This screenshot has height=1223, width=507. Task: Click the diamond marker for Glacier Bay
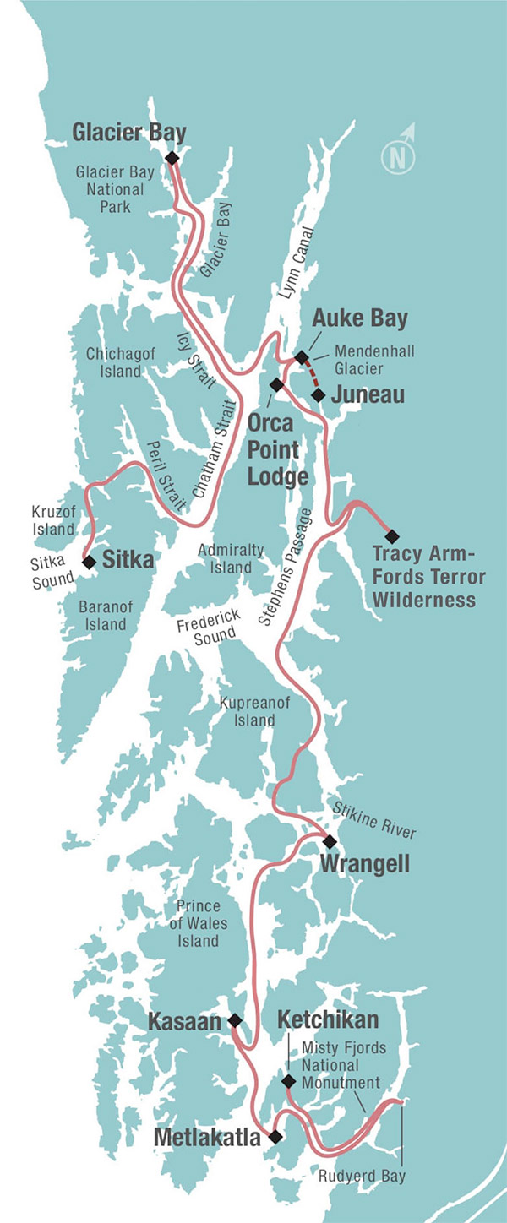[x=172, y=158]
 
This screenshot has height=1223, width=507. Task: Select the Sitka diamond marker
[x=89, y=560]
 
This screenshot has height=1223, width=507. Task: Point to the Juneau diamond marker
[x=318, y=394]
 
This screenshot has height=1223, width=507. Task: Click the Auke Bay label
[x=360, y=318]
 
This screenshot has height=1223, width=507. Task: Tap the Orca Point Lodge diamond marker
[x=275, y=384]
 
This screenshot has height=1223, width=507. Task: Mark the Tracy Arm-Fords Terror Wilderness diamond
[x=391, y=535]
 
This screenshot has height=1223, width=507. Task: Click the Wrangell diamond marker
[x=330, y=841]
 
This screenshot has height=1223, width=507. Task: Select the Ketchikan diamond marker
[x=288, y=1081]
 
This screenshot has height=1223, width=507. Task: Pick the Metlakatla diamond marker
[x=274, y=1137]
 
